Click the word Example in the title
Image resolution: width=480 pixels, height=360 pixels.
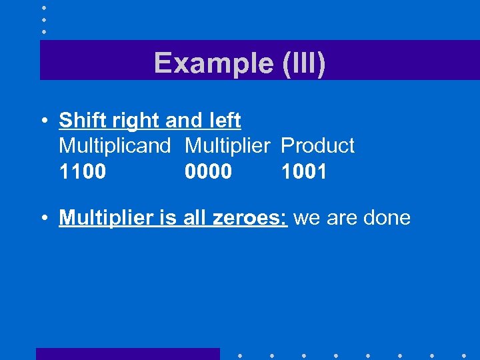pos(209,63)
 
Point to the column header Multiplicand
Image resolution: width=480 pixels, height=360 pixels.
pos(115,145)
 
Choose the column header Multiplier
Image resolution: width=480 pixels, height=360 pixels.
pos(227,145)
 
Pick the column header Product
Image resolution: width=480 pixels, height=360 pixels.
pos(318,145)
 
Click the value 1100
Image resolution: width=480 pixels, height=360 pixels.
pos(82,172)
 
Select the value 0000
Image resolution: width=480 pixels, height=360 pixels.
pos(209,172)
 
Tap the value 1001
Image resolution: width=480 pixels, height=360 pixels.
pos(304,172)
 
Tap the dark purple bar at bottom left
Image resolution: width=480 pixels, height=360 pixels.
pos(127,353)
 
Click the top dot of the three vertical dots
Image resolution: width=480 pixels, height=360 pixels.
pos(43,7)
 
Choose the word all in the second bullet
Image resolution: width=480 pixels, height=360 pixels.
pos(194,218)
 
